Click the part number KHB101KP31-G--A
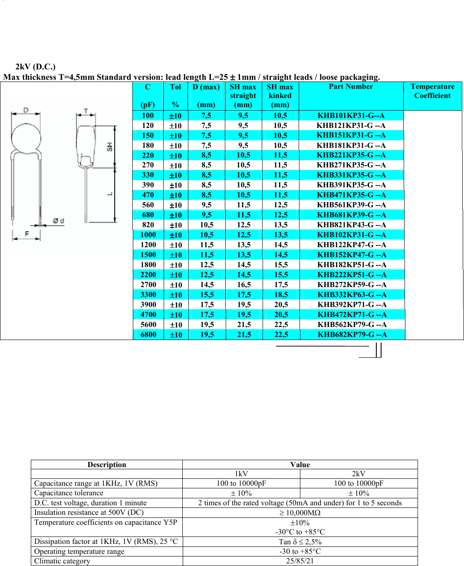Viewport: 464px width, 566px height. tap(351, 115)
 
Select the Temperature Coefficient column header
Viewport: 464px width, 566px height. tap(432, 91)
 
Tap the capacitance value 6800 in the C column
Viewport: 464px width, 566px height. tap(148, 334)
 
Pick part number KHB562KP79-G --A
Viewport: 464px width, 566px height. tap(352, 324)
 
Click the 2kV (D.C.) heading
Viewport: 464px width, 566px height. tap(35, 67)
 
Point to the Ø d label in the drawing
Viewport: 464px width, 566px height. tap(59, 221)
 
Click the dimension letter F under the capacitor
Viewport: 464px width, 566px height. tap(27, 234)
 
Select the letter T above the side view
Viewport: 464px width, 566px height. tap(86, 111)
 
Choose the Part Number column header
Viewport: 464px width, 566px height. tap(351, 87)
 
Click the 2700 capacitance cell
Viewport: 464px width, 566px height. tap(148, 285)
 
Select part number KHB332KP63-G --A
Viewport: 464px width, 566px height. tap(352, 294)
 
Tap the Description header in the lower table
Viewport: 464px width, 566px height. tap(107, 465)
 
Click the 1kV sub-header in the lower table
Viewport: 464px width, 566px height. tap(241, 474)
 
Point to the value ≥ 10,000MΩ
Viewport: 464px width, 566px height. tap(300, 513)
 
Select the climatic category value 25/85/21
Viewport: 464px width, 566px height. tap(300, 561)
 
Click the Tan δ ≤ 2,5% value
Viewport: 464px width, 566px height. tap(300, 542)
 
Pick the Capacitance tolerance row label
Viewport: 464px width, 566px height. tap(69, 493)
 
